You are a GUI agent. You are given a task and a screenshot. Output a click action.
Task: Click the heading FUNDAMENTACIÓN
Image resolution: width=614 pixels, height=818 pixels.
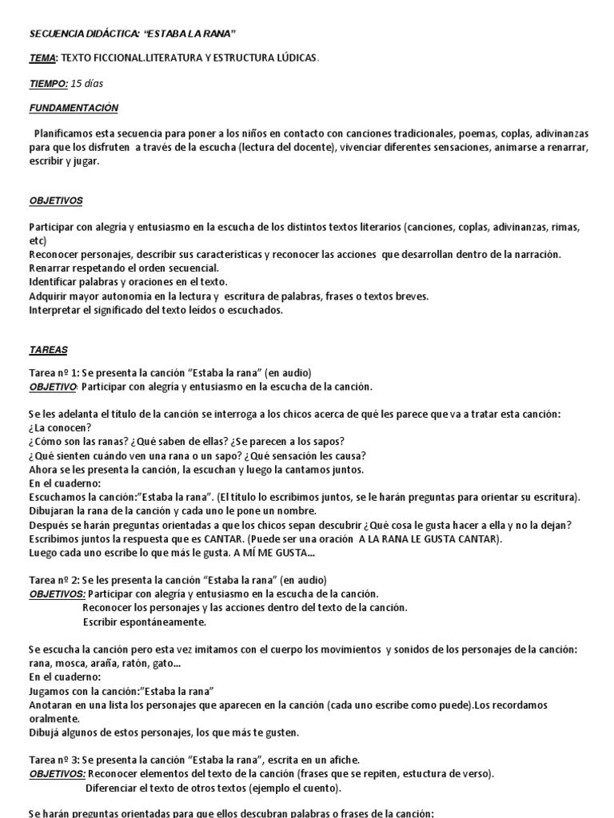pos(74,107)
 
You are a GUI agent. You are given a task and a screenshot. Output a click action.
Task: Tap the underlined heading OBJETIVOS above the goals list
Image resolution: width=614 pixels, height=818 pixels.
pos(56,201)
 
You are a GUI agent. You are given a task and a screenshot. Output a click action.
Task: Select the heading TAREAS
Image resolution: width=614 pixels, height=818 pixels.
pos(49,349)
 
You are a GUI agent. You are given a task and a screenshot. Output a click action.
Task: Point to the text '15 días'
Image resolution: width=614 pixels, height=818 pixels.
pos(87,83)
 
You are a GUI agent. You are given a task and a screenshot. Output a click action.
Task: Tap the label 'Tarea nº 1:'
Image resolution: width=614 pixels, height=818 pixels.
pos(56,373)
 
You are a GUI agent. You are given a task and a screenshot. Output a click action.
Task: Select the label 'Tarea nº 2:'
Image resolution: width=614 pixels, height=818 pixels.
pos(56,579)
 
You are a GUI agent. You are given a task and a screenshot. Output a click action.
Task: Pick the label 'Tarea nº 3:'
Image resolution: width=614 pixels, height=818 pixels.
pos(56,760)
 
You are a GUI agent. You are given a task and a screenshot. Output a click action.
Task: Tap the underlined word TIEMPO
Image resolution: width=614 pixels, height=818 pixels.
pos(48,83)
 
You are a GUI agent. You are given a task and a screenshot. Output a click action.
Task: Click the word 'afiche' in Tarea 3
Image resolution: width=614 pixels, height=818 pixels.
pos(342,760)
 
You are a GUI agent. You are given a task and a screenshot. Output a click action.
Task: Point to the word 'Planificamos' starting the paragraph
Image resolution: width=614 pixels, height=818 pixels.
pos(63,133)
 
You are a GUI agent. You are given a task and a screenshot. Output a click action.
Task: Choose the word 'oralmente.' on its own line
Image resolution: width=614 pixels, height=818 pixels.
pos(54,718)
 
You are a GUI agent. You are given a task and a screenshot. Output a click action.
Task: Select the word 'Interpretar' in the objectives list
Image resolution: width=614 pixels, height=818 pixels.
pos(57,310)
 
